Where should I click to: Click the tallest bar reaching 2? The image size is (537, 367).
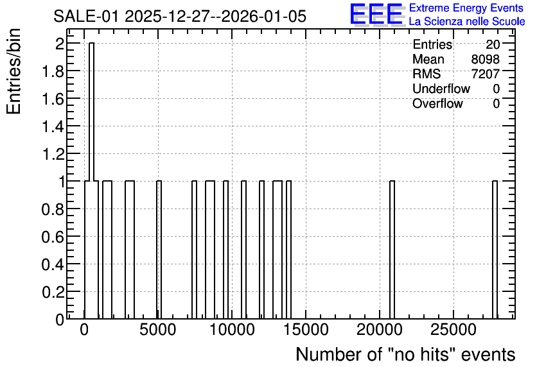click(91, 181)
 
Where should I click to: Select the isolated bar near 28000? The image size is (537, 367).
click(495, 250)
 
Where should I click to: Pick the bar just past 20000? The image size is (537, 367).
click(392, 250)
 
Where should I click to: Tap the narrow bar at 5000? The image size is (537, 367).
click(159, 250)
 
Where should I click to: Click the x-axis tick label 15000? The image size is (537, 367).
click(306, 330)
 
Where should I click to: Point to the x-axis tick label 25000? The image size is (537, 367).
click(453, 330)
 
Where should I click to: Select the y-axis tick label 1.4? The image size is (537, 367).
click(53, 127)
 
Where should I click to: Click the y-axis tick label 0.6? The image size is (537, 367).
click(53, 237)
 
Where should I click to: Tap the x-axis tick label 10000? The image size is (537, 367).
click(232, 330)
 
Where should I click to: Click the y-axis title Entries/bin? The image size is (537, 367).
click(14, 71)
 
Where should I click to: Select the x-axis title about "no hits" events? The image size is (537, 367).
click(405, 354)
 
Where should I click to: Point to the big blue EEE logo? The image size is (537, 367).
click(376, 15)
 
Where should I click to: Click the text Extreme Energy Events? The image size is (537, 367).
click(466, 8)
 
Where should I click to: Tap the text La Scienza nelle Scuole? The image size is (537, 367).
click(467, 22)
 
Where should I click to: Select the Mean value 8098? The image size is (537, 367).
click(485, 59)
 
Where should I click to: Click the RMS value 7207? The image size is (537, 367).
click(485, 74)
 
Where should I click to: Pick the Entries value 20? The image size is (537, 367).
click(493, 44)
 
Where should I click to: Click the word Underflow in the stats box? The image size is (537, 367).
click(441, 89)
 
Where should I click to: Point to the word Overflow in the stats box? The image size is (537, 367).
click(437, 103)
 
